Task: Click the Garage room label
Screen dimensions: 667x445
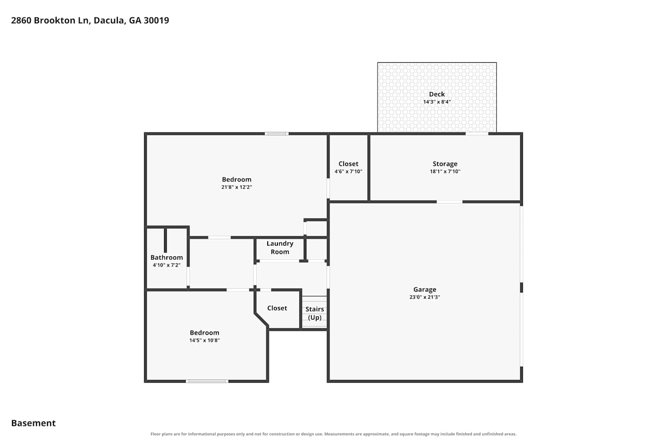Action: point(425,289)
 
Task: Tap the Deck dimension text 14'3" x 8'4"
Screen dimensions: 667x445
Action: point(437,102)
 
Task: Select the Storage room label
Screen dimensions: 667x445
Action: point(445,164)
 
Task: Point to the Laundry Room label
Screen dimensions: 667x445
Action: point(280,248)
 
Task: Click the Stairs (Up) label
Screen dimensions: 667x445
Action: point(315,313)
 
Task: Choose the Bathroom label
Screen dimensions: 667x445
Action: point(167,258)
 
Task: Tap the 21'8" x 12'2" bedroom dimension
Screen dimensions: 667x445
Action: point(237,187)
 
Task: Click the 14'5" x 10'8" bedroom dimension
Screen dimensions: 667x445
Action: point(205,340)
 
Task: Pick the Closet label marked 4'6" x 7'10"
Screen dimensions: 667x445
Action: point(348,164)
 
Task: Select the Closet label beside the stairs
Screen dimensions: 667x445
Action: point(277,308)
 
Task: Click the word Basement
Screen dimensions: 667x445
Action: point(33,423)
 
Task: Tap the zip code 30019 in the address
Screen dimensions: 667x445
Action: point(157,20)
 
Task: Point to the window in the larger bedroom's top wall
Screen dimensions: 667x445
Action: point(277,133)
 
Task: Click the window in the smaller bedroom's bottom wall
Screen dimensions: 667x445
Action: point(207,381)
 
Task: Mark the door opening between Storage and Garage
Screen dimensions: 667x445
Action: point(450,202)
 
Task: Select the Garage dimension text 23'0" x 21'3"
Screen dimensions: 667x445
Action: point(425,297)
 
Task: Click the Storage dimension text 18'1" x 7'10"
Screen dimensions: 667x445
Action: point(445,171)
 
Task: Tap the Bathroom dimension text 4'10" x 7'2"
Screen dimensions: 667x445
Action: point(167,265)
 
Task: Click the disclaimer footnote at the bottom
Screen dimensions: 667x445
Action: point(333,434)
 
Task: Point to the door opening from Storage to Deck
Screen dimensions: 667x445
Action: point(477,133)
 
